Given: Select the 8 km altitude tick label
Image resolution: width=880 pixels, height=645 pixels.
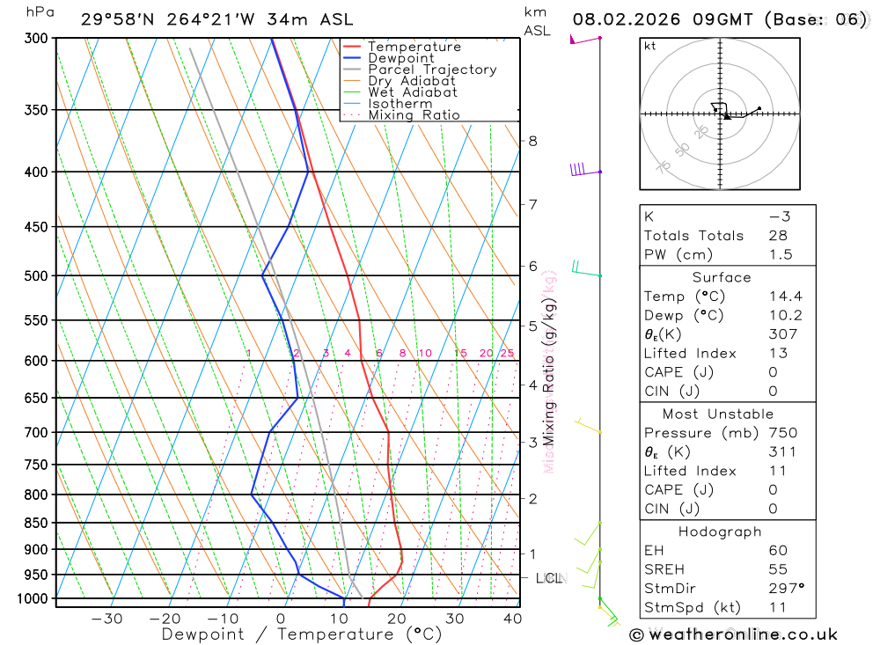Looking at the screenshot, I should coord(532,141).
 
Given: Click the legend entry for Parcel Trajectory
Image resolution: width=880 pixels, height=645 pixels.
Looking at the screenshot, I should coord(432,70).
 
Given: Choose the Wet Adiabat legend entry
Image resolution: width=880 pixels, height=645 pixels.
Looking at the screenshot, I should coord(413,92).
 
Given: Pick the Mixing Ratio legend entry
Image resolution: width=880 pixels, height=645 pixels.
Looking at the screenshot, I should coord(414,115).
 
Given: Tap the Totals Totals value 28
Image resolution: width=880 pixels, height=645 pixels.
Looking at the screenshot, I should coord(778,236).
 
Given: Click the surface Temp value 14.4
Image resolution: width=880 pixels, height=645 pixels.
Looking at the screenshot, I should coord(785,297).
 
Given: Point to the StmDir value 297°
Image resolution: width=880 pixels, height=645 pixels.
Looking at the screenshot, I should coord(785,588).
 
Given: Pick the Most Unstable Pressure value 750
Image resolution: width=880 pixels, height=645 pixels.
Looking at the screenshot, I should coord(782,433).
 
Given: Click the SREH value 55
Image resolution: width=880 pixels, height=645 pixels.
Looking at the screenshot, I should coord(778,569).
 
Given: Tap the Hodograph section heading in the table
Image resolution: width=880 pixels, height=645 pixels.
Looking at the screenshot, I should coord(720,531).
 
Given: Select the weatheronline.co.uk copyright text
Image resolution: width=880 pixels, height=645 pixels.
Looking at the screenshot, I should coord(733,634).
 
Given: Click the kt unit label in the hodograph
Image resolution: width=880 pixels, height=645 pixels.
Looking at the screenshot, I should coord(650,46).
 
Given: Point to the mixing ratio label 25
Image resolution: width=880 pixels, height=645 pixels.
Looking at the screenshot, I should coord(507,353).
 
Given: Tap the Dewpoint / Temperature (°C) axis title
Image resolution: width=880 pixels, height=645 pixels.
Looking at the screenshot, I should coord(301,634).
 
